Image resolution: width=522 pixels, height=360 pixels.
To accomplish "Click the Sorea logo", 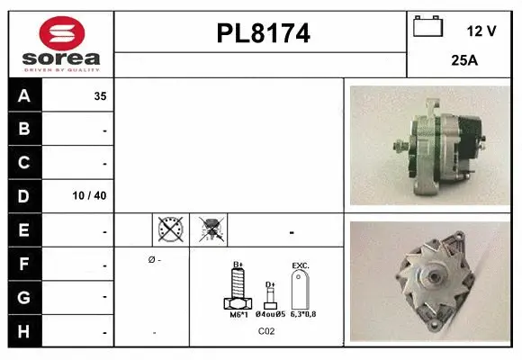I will tap(61, 42).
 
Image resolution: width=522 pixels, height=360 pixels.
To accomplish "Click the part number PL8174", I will tap(263, 33).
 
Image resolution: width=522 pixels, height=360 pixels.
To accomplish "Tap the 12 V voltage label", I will tap(481, 31).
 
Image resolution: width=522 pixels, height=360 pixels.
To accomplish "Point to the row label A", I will tap(24, 95).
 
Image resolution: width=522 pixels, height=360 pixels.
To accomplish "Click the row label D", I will tap(24, 195).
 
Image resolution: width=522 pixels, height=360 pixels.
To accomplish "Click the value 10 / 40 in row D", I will tap(93, 196).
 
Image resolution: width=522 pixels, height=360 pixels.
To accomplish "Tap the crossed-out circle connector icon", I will tap(169, 230).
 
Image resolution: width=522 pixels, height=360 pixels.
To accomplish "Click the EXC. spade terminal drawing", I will tap(301, 288).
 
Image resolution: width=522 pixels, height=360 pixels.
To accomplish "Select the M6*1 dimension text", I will tap(238, 314).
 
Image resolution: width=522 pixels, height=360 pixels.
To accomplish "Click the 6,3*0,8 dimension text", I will tap(302, 314).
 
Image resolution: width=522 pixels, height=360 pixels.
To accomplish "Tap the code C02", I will tap(266, 331).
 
